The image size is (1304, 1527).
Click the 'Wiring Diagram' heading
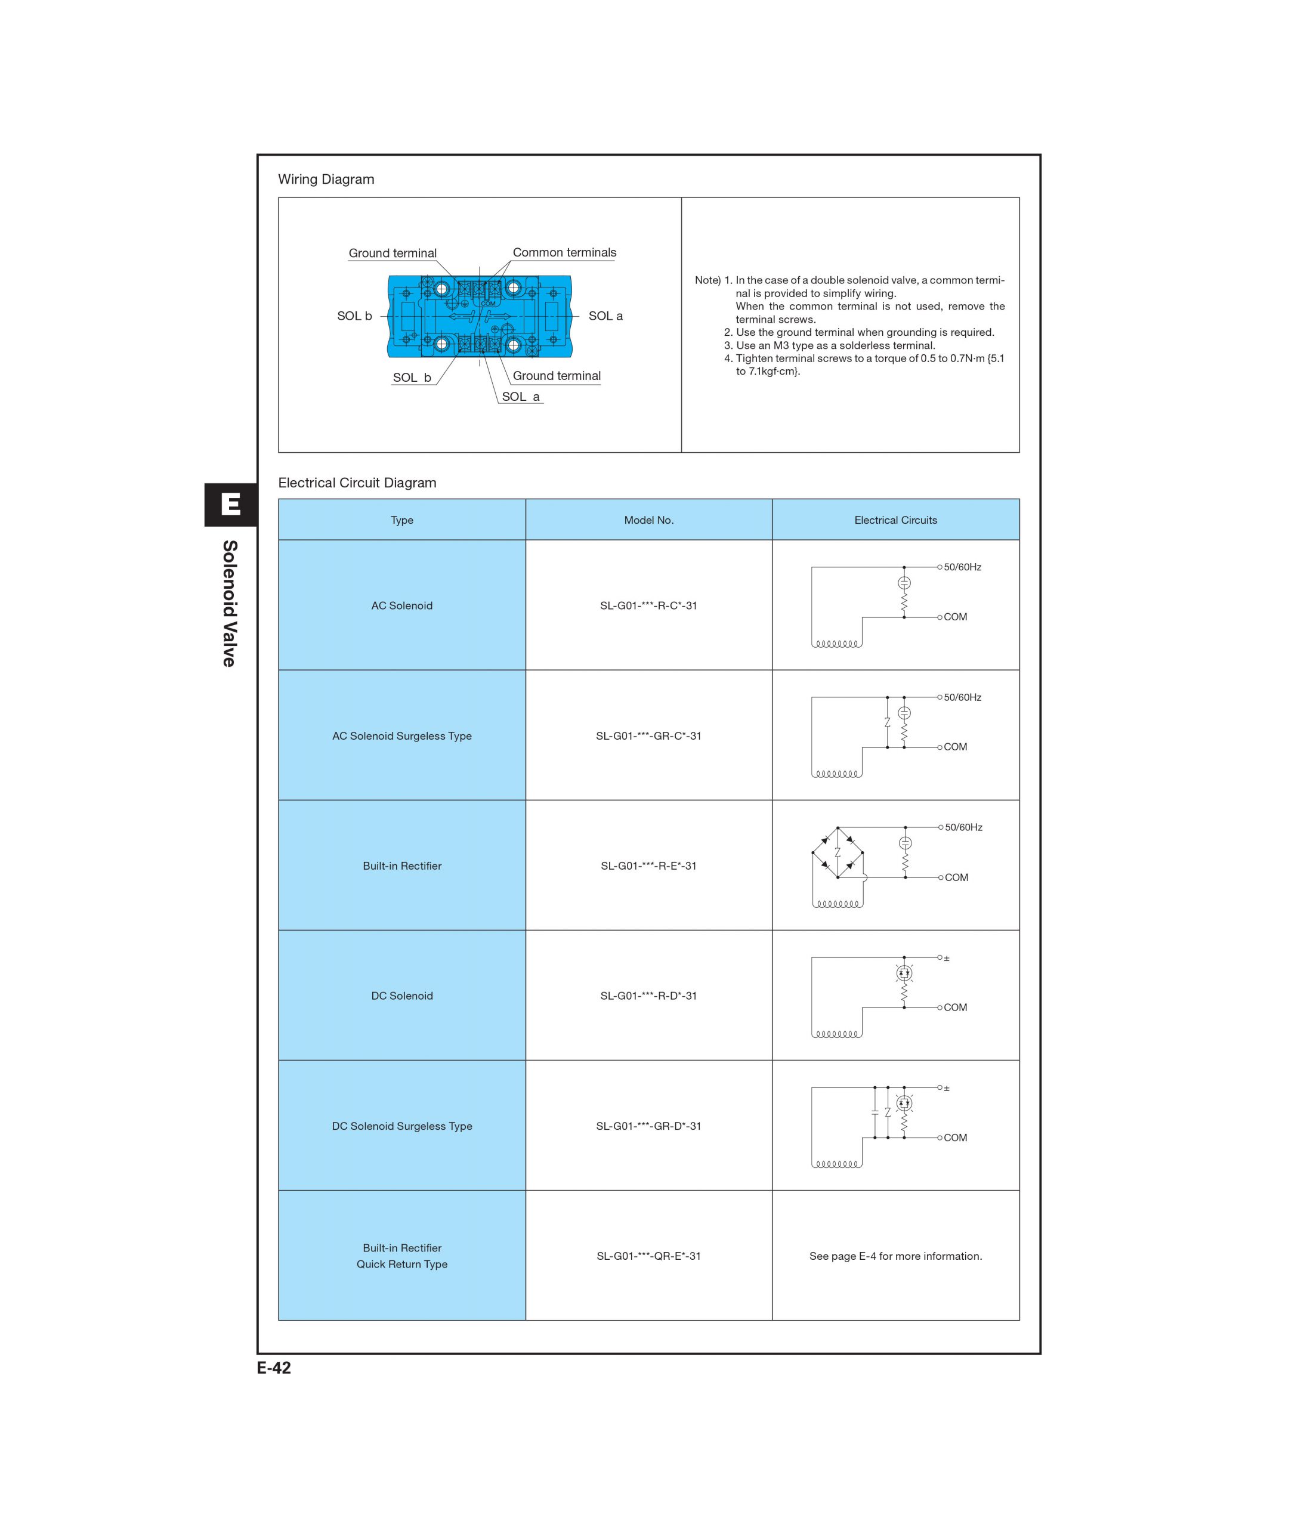[326, 179]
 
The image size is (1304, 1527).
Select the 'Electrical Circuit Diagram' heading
[357, 483]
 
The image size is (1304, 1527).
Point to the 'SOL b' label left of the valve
[354, 316]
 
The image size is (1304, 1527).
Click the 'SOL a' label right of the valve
[605, 316]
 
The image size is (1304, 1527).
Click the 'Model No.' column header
[648, 520]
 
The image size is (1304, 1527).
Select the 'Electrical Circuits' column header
[895, 520]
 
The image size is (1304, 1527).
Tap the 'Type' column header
[401, 520]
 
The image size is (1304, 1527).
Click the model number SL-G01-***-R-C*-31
[648, 605]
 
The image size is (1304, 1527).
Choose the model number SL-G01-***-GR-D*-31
[648, 1126]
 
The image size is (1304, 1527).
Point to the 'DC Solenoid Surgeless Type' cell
[401, 1126]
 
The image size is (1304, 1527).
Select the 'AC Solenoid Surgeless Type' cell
[401, 735]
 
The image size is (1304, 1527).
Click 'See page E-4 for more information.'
[895, 1256]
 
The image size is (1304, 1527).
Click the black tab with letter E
[231, 505]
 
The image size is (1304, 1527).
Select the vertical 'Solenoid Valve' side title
[230, 604]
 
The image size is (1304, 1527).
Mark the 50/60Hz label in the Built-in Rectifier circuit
[963, 827]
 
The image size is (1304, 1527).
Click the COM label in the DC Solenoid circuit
[956, 1007]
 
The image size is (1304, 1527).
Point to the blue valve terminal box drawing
[479, 317]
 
